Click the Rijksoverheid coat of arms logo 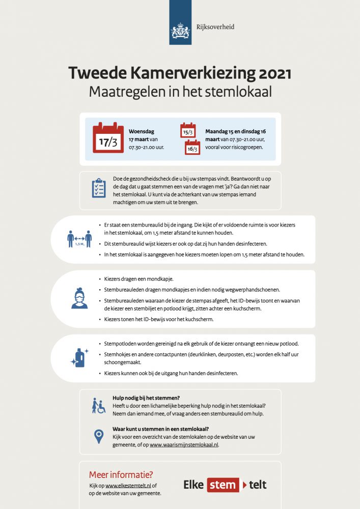pyautogui.click(x=180, y=29)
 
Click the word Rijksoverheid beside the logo pyautogui.click(x=215, y=27)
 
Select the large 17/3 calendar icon pyautogui.click(x=108, y=138)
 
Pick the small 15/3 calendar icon pyautogui.click(x=188, y=130)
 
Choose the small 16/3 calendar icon pyautogui.click(x=192, y=147)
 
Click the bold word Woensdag pyautogui.click(x=142, y=131)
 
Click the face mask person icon pyautogui.click(x=79, y=298)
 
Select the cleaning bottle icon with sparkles pyautogui.click(x=79, y=358)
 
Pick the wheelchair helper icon pyautogui.click(x=98, y=406)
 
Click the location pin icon pyautogui.click(x=98, y=436)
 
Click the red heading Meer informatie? pyautogui.click(x=121, y=475)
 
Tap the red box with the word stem pyautogui.click(x=223, y=485)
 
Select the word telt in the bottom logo pyautogui.click(x=258, y=485)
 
